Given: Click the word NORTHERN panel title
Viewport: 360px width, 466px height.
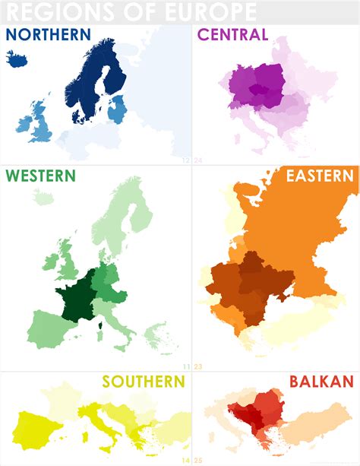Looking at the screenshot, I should pos(48,35).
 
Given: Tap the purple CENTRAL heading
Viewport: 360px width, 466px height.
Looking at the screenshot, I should pos(232,35).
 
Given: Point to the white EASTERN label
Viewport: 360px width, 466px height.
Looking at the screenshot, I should pos(319,176).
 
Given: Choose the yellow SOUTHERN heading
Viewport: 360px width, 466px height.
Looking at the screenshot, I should pos(144,382).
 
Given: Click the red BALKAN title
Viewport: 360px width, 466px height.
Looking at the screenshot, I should pos(321,382).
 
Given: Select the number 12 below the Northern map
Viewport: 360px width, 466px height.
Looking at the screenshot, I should pos(186,160).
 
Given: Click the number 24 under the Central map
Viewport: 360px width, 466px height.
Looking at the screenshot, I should pos(197,160).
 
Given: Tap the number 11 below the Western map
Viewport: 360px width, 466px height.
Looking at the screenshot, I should pos(186,366).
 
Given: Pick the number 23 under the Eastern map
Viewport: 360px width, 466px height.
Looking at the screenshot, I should pos(197,366).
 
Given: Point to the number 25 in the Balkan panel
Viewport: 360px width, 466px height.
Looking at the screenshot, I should pos(197,459).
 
